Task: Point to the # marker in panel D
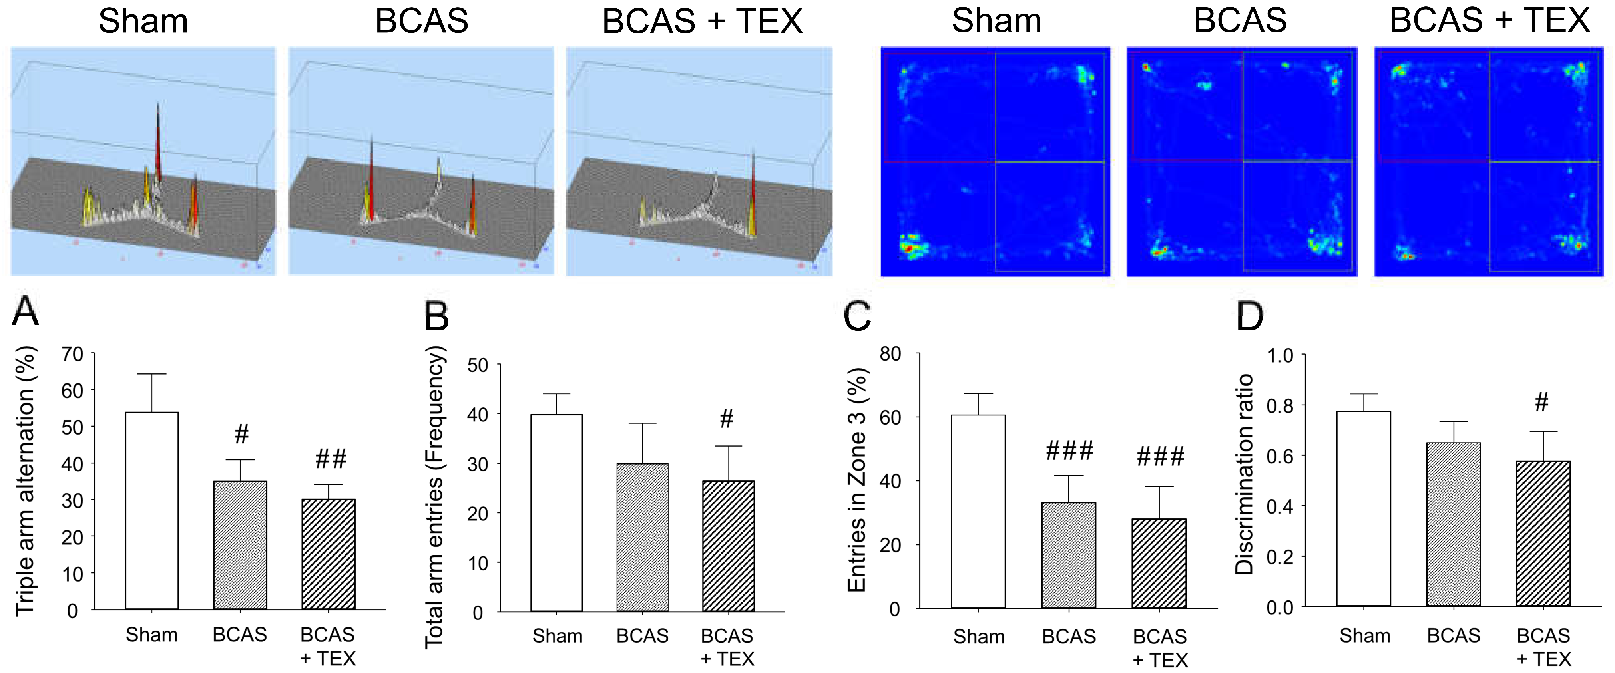[x=1541, y=402]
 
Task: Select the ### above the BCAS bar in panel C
[x=1069, y=450]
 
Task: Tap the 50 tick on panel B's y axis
[x=478, y=365]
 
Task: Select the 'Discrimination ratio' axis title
[x=1244, y=474]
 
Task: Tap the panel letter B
[x=436, y=316]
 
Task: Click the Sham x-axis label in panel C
[x=979, y=637]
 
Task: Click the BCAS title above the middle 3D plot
[x=421, y=21]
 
